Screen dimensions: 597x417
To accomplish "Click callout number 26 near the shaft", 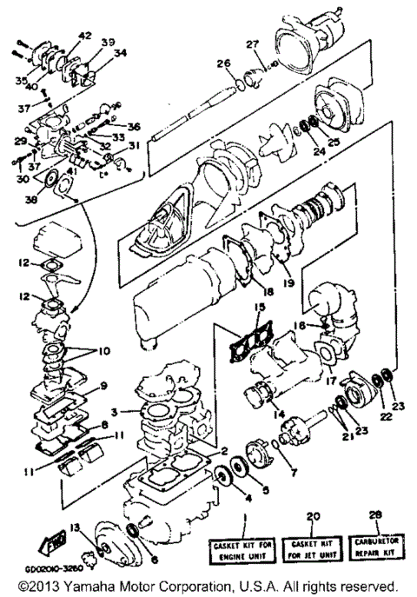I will click(x=223, y=63).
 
